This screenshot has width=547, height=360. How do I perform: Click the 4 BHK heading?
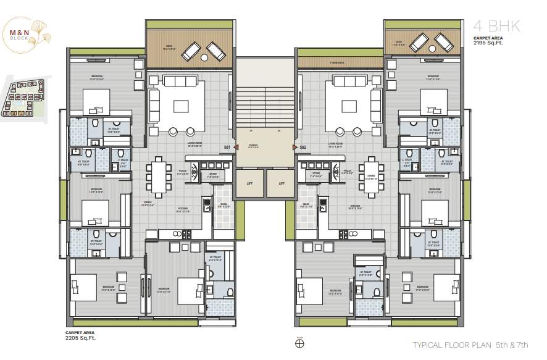pos(497,27)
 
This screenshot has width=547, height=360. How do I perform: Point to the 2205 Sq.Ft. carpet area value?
pos(80,338)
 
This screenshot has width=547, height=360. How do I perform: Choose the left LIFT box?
pos(249,183)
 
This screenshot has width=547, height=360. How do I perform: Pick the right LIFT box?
pos(282,183)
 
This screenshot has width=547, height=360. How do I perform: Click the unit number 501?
pos(227,148)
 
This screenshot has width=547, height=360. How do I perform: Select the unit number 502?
pos(303,148)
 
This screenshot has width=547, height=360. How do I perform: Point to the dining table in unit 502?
pos(370,175)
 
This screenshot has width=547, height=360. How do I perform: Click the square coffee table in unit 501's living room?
pos(180,106)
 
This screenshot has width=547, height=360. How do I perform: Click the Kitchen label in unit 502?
pos(355,206)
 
